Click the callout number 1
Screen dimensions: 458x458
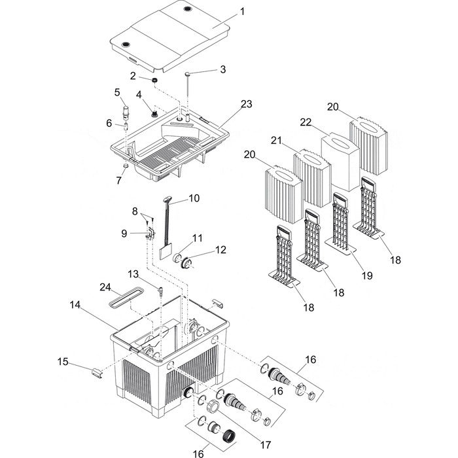242,11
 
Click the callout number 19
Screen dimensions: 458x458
366,276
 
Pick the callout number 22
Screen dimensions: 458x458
306,122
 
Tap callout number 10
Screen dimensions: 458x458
194,198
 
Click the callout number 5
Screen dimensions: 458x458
117,92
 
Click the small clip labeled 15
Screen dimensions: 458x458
97,373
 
